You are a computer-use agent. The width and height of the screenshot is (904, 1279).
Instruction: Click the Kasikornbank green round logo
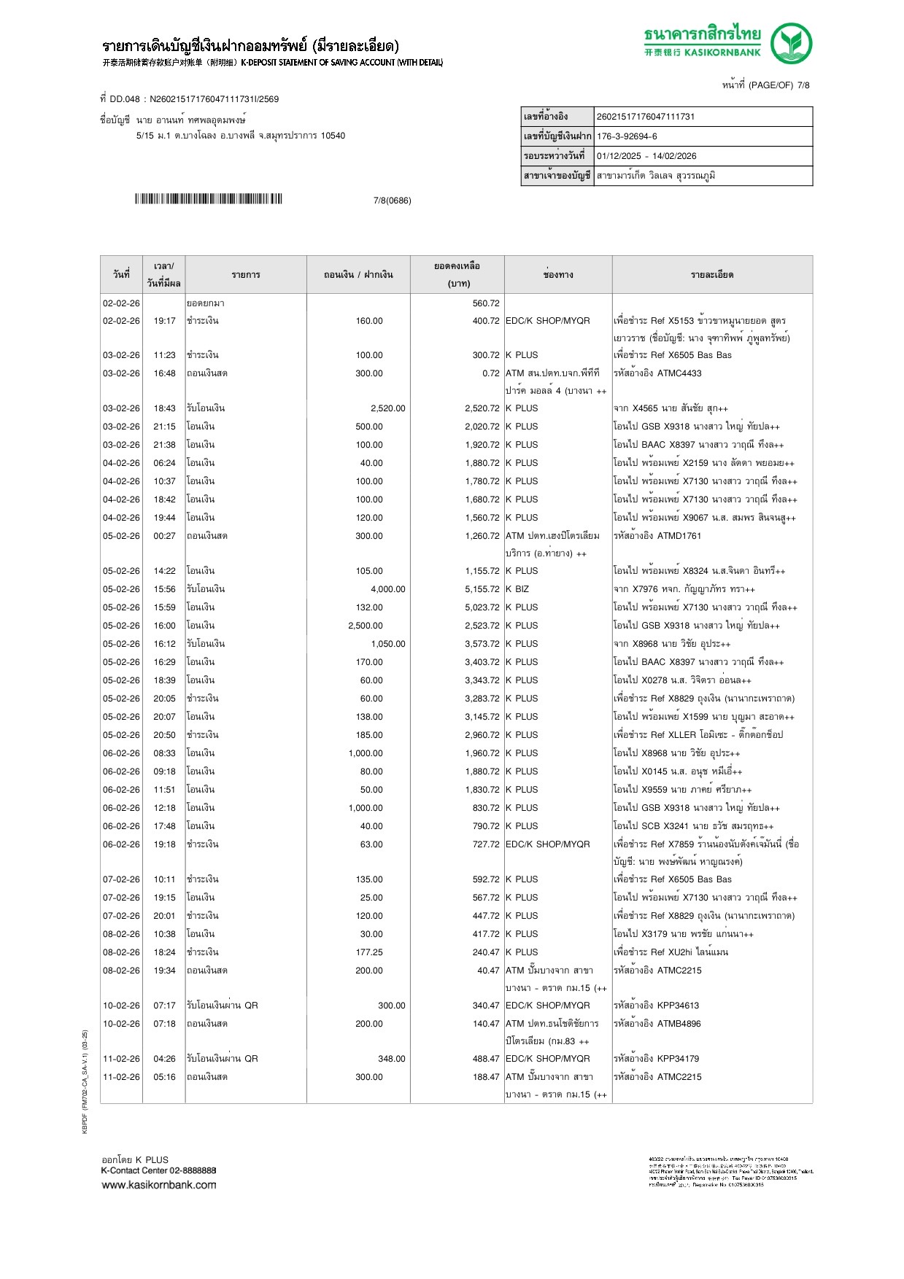(x=792, y=43)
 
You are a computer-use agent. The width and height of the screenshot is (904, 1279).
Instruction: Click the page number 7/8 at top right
(x=803, y=85)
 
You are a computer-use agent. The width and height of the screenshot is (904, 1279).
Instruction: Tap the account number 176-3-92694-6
(x=627, y=136)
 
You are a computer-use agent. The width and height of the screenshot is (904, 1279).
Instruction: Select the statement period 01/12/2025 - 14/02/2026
(x=646, y=156)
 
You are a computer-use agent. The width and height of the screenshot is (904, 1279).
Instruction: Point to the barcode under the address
(x=208, y=199)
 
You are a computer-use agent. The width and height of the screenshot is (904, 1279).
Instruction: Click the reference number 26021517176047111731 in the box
(x=646, y=117)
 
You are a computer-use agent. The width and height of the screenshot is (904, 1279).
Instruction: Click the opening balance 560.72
(x=486, y=303)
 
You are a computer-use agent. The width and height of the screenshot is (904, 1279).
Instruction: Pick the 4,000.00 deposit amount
(x=387, y=589)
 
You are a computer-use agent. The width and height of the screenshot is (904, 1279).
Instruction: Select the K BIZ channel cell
(x=517, y=589)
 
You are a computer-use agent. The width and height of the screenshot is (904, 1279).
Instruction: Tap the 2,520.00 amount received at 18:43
(x=387, y=408)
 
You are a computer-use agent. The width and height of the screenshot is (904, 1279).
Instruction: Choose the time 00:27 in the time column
(x=164, y=536)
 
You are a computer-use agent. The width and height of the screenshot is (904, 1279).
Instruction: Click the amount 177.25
(x=369, y=952)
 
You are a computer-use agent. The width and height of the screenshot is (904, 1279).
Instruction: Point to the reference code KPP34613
(x=678, y=1006)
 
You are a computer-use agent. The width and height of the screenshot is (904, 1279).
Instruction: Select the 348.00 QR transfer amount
(x=391, y=1059)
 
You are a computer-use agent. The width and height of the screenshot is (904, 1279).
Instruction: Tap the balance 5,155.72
(x=482, y=589)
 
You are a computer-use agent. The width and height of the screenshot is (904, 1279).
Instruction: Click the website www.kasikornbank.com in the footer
(x=159, y=1185)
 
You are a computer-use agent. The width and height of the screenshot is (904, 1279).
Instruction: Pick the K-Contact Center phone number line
(x=158, y=1170)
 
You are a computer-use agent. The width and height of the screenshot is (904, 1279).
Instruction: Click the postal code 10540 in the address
(x=333, y=136)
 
